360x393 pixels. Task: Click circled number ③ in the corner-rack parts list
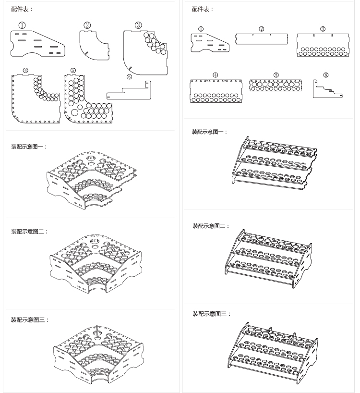[138, 25]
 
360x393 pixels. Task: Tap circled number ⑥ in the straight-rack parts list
[326, 75]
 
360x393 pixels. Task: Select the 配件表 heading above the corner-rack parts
[22, 9]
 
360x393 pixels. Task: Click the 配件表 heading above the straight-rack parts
[203, 9]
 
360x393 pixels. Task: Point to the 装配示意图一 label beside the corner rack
[29, 147]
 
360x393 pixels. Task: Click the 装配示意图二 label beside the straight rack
[211, 226]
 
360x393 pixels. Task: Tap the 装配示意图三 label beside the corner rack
[30, 319]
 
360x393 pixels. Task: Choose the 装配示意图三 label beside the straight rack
[212, 314]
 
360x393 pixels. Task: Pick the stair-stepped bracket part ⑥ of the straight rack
[326, 89]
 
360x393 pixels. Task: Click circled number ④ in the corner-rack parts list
[25, 70]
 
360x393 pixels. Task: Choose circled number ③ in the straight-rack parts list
[323, 29]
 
